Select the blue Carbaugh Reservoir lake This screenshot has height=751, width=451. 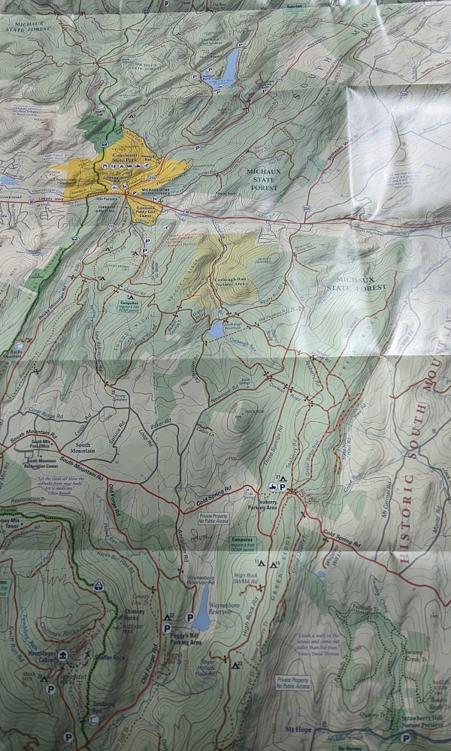216,330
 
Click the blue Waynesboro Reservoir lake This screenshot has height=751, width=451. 201,608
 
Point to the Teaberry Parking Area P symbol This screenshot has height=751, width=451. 283,487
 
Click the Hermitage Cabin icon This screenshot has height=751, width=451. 62,656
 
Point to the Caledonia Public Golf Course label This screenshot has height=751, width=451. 149,210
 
